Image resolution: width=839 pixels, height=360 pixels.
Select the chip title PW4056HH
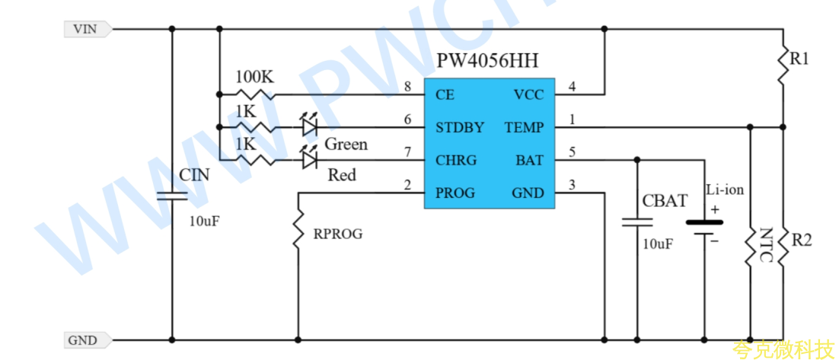487,61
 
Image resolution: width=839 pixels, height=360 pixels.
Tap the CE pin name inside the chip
445,95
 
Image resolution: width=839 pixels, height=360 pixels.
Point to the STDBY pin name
460,128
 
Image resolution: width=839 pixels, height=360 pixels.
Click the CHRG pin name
456,161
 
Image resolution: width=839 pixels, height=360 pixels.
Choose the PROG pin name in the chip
455,193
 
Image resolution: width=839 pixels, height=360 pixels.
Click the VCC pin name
528,95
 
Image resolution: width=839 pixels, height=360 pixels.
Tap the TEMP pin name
525,128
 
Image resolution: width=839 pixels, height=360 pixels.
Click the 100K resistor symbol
255,94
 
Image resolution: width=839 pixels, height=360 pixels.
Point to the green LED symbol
309,126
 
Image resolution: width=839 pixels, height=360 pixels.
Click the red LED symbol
309,158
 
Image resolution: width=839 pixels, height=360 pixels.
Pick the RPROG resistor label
337,234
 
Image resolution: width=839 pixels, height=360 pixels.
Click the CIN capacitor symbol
172,196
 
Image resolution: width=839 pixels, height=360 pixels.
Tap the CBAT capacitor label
665,201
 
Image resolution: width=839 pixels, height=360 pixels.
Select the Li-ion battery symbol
704,228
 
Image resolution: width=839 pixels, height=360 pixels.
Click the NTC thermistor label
767,246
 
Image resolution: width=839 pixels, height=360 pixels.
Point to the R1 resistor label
799,59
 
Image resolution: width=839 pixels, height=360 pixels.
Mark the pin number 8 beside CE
408,88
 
